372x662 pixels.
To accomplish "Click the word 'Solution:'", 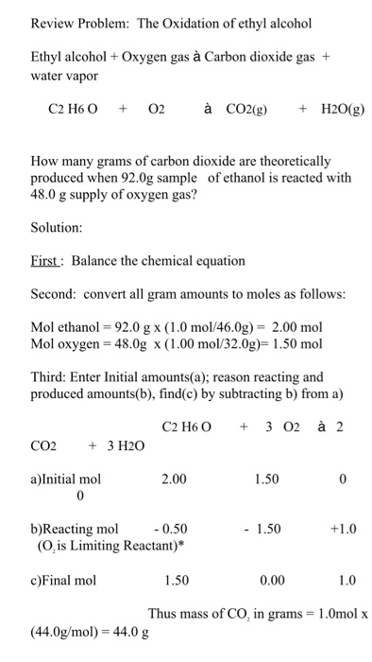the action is click(x=58, y=228).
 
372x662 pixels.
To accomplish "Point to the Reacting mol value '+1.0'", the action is click(x=345, y=529).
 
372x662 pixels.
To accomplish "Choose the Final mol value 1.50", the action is click(x=178, y=580).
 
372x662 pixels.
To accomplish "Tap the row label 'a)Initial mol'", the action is click(x=66, y=479).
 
